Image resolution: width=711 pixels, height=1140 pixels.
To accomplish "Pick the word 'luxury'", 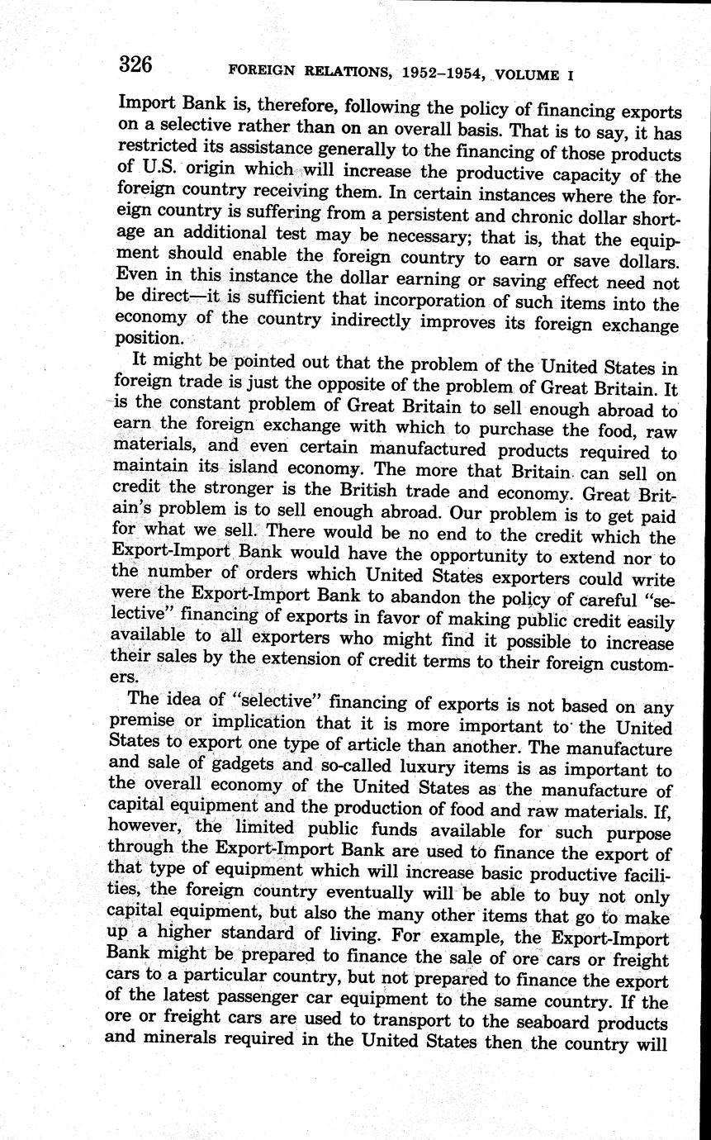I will pos(430,767).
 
